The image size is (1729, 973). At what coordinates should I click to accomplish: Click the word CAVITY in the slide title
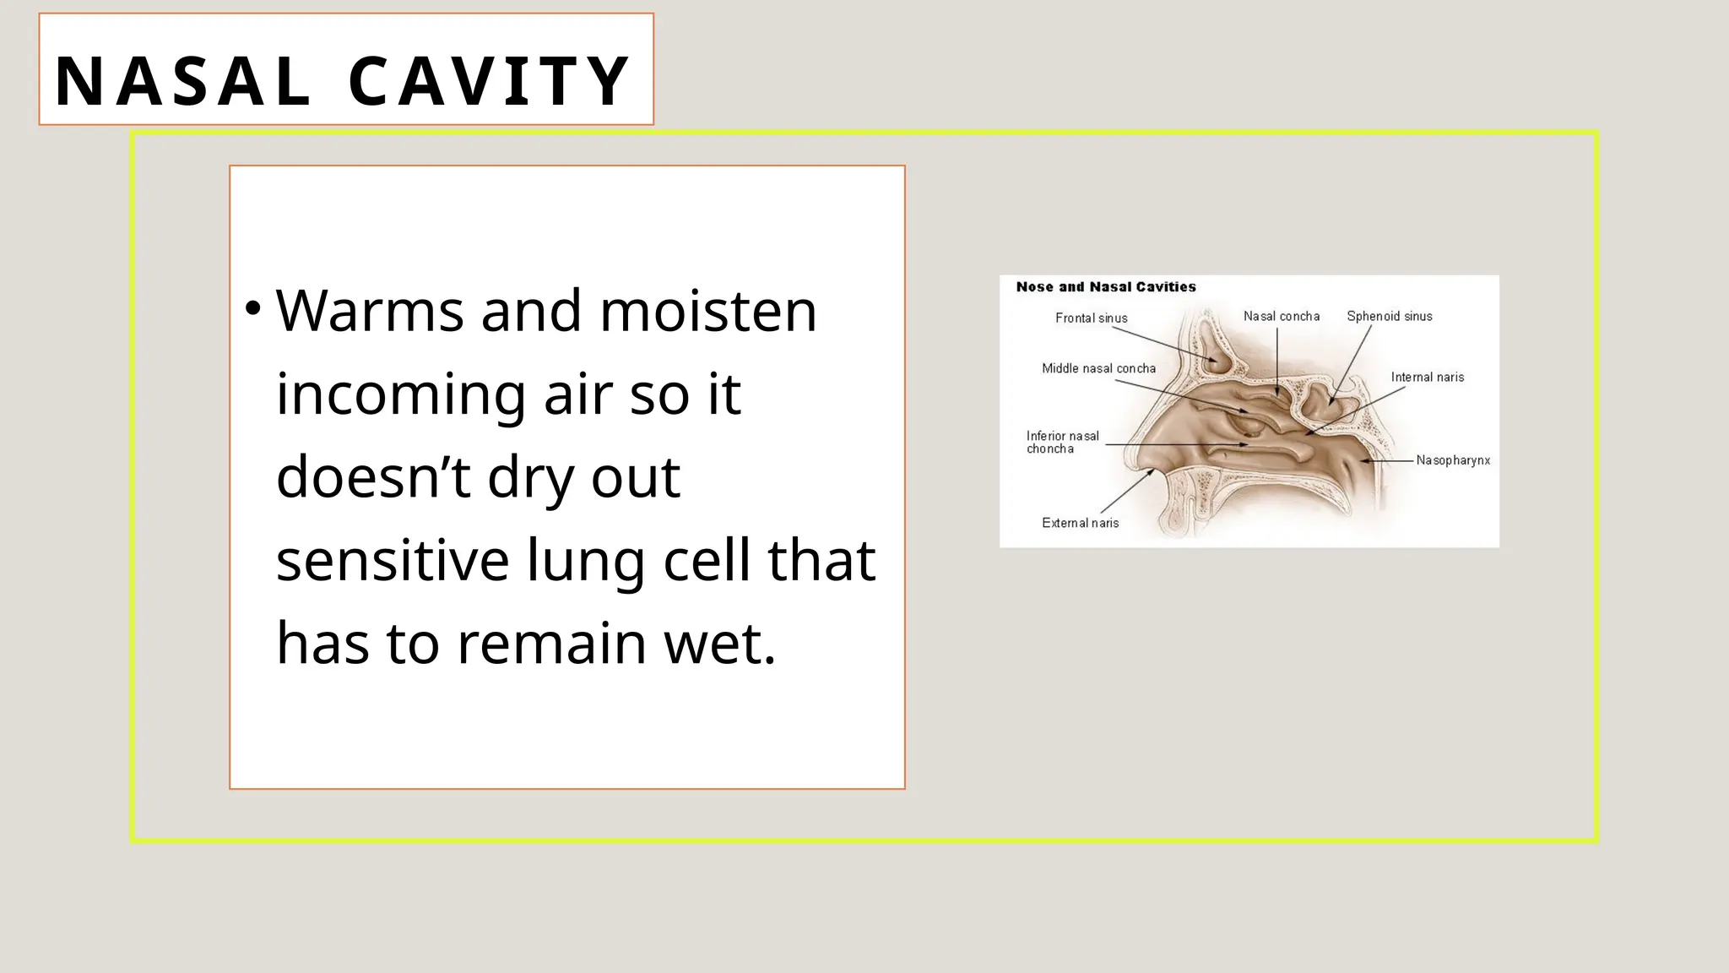click(x=489, y=81)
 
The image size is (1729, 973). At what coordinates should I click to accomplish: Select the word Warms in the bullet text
click(x=369, y=311)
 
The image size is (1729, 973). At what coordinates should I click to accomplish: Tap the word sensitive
click(x=393, y=561)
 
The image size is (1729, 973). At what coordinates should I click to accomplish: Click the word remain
click(x=551, y=644)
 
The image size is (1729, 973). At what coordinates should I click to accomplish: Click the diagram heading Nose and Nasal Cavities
click(x=1106, y=287)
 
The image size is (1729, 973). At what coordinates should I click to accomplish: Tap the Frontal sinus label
click(x=1091, y=318)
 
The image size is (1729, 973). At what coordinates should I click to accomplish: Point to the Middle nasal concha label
click(x=1098, y=368)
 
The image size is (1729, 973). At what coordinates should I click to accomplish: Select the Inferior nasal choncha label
click(x=1062, y=443)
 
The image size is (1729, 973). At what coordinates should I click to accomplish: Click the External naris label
click(x=1080, y=523)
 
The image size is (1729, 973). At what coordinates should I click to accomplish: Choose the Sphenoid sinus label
click(x=1389, y=317)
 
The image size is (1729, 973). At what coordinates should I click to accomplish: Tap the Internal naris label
click(x=1427, y=378)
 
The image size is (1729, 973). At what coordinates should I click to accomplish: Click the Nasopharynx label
click(x=1453, y=460)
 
